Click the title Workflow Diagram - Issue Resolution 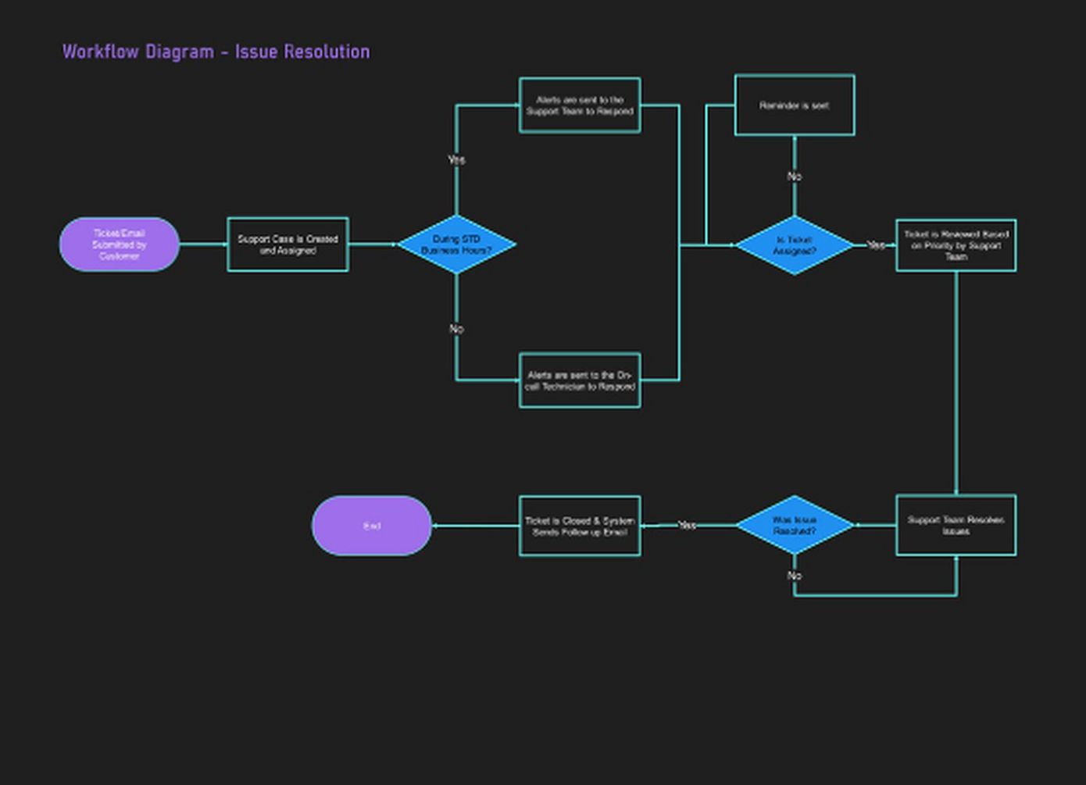point(216,52)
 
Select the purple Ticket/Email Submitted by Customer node point(120,244)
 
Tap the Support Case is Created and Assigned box point(288,244)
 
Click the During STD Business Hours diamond point(456,244)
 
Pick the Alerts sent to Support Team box point(580,105)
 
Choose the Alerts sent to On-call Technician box point(580,380)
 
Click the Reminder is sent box point(795,105)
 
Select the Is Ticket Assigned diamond point(795,245)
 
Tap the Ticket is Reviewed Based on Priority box point(956,245)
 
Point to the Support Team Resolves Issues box point(956,525)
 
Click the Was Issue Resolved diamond point(795,525)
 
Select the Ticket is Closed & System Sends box point(580,526)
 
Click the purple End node point(372,526)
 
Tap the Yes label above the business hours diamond point(456,159)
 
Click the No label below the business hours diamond point(456,329)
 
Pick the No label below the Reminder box point(795,177)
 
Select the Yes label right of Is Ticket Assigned point(877,245)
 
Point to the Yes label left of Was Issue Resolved point(687,525)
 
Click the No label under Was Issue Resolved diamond point(795,576)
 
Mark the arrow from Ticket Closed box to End point(475,526)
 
